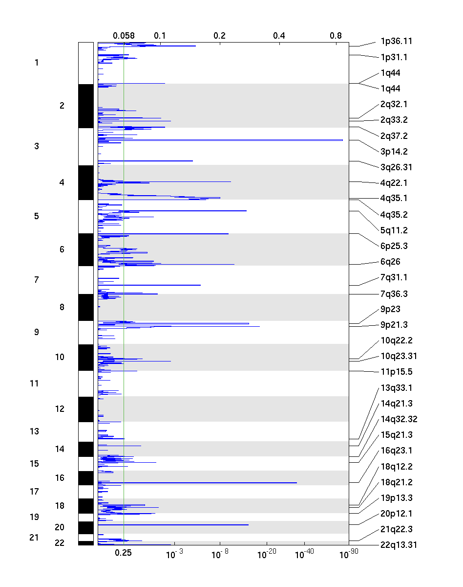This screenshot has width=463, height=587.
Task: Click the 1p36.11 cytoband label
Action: [396, 41]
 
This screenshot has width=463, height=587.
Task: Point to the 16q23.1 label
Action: [396, 451]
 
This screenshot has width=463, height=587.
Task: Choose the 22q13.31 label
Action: [399, 544]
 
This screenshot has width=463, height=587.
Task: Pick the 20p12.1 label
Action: [396, 514]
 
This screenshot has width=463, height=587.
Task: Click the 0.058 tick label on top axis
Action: [124, 35]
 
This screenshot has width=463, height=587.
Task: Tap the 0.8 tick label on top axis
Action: [336, 35]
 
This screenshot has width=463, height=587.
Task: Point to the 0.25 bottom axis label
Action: [124, 553]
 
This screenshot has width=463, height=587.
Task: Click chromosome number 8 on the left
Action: [62, 307]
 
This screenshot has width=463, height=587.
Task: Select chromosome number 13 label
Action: [34, 431]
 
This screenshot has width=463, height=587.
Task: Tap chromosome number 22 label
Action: [60, 543]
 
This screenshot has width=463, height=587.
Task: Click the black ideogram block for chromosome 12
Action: [85, 409]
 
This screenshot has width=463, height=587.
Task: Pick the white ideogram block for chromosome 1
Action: [85, 63]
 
